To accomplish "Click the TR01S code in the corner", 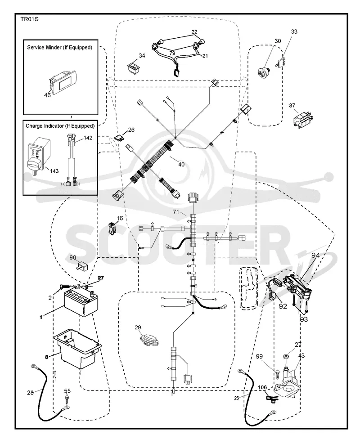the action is click(x=29, y=19).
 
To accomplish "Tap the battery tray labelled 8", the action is click(x=77, y=349).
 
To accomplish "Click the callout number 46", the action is click(x=47, y=95).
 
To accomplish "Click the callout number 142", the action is click(x=88, y=138).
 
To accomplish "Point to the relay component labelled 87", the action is click(x=303, y=119).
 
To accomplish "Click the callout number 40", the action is click(x=181, y=165).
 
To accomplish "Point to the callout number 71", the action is click(x=176, y=211).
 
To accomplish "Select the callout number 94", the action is click(x=315, y=255).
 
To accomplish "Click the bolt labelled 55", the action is click(x=67, y=399).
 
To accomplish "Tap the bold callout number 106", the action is click(x=262, y=387).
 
